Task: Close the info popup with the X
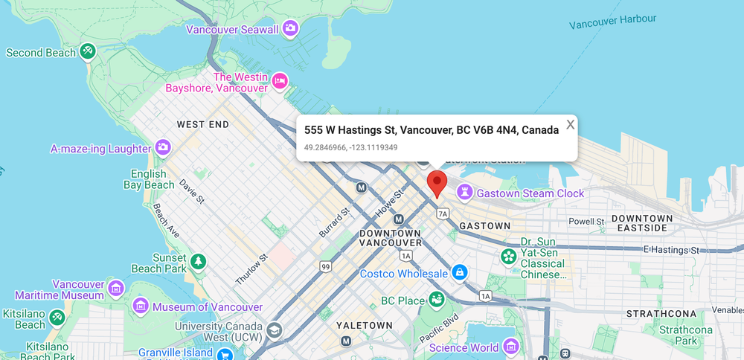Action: [570, 125]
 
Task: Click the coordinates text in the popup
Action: [350, 147]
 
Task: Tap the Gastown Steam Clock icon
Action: [466, 193]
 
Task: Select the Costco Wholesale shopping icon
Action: [461, 274]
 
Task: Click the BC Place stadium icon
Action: [437, 300]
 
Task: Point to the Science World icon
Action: [510, 347]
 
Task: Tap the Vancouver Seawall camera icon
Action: [290, 29]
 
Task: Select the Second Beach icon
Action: [88, 52]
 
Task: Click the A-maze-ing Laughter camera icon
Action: [163, 148]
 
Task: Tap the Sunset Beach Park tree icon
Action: [198, 261]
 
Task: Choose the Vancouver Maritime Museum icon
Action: [115, 288]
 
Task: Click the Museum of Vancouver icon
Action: [140, 306]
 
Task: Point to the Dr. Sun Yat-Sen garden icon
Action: [508, 257]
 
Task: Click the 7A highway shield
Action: [443, 214]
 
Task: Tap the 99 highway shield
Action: [325, 266]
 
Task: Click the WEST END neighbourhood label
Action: [202, 124]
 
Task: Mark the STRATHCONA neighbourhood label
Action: [661, 314]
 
